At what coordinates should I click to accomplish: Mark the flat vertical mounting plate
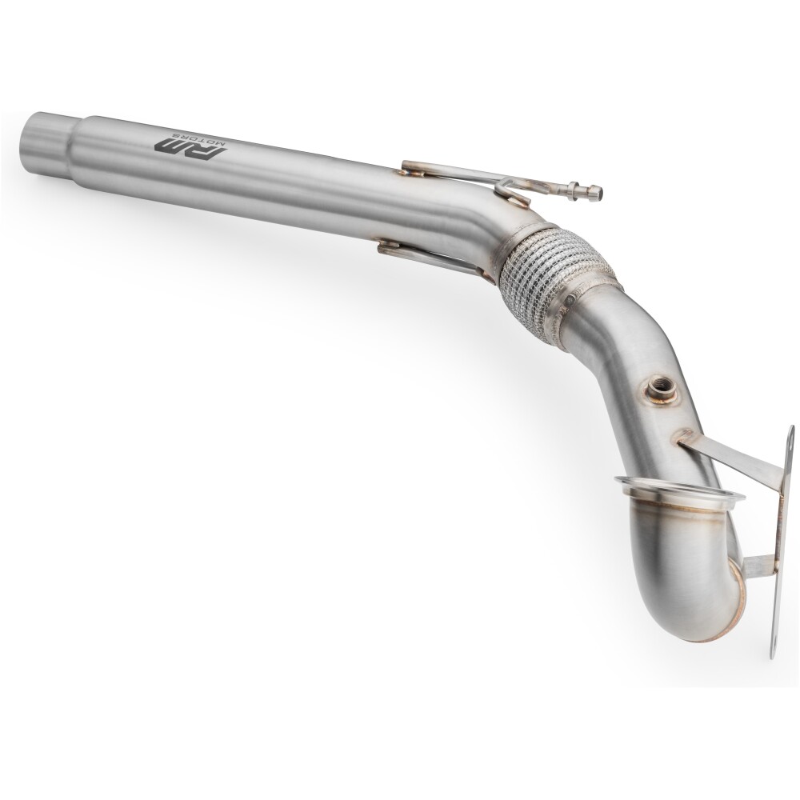(782, 544)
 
